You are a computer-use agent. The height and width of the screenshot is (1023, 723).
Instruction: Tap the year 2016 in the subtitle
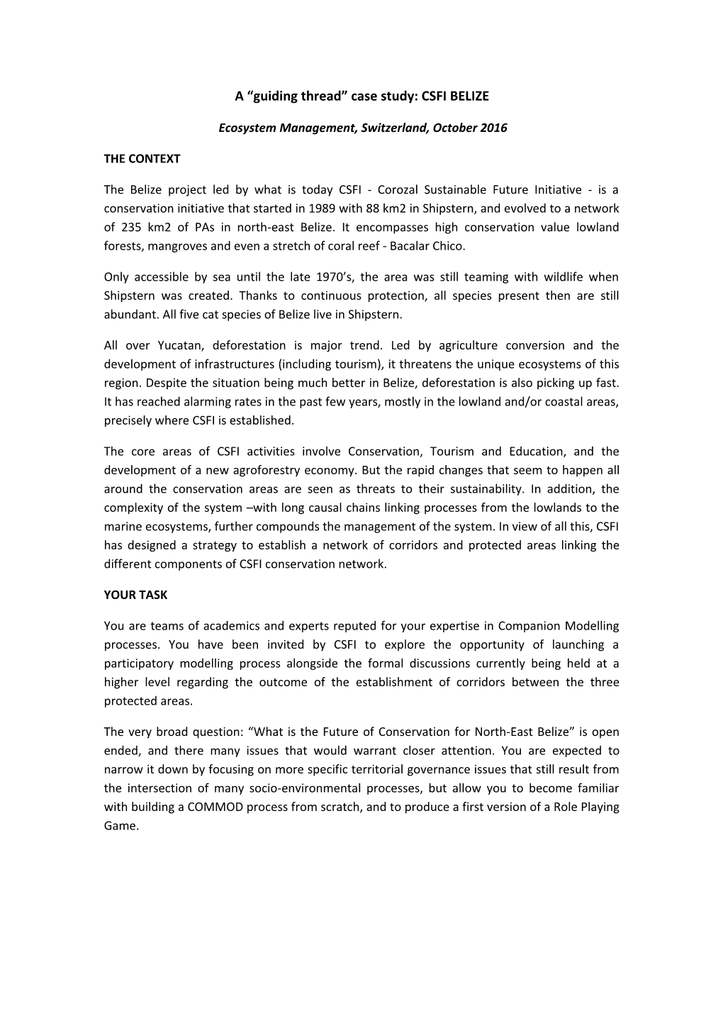(493, 128)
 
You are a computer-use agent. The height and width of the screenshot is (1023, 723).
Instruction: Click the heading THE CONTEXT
(142, 159)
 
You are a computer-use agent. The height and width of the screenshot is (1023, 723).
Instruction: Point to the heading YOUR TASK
(135, 595)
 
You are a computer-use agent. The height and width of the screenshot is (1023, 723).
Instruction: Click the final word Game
(120, 826)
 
